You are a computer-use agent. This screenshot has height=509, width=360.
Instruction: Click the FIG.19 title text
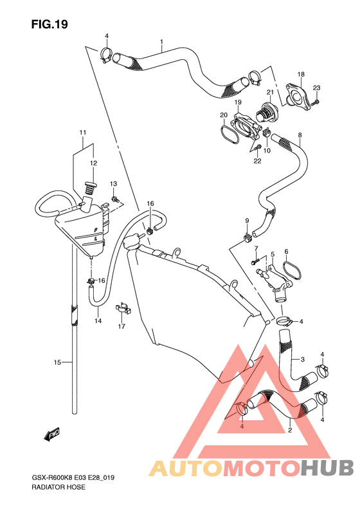click(x=50, y=24)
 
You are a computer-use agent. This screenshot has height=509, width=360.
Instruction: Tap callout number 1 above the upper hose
click(x=161, y=42)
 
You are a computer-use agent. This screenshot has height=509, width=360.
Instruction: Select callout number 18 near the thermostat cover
click(x=301, y=75)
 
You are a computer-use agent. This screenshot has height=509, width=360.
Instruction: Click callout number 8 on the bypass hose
click(x=300, y=134)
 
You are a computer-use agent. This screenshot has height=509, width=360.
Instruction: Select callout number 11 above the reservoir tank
click(x=83, y=133)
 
